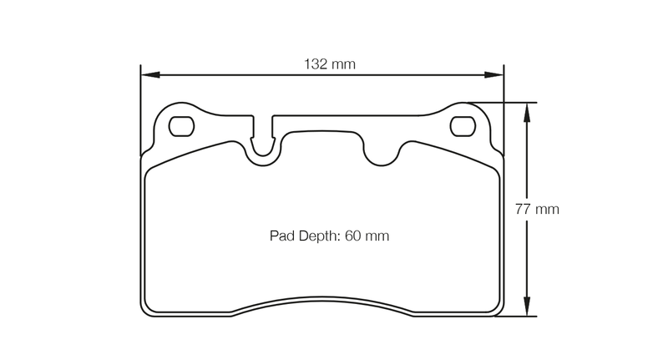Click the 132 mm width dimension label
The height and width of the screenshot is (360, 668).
322,63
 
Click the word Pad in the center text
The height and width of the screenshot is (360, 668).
281,236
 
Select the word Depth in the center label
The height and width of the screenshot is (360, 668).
316,236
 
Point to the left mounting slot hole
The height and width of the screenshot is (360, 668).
181,126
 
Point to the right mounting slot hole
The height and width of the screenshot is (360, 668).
463,126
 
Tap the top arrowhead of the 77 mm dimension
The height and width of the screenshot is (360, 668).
527,109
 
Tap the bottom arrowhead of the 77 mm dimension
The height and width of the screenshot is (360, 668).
527,311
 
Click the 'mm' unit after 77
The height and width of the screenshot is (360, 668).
548,209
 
